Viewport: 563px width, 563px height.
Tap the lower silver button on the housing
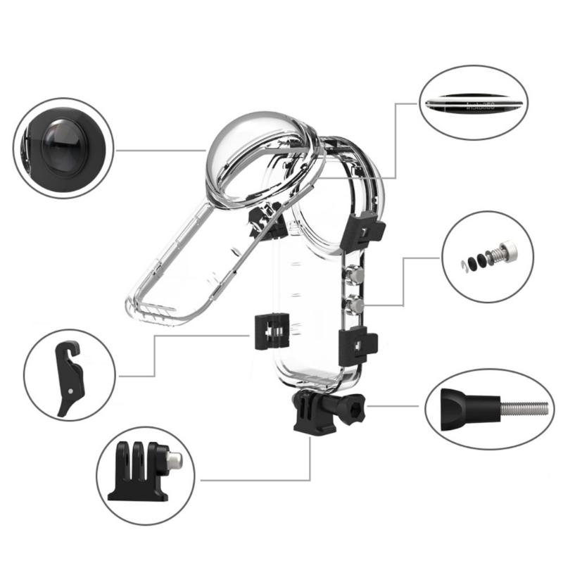click(355, 304)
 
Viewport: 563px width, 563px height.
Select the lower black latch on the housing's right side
click(358, 345)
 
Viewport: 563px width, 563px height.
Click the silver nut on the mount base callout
click(174, 461)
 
